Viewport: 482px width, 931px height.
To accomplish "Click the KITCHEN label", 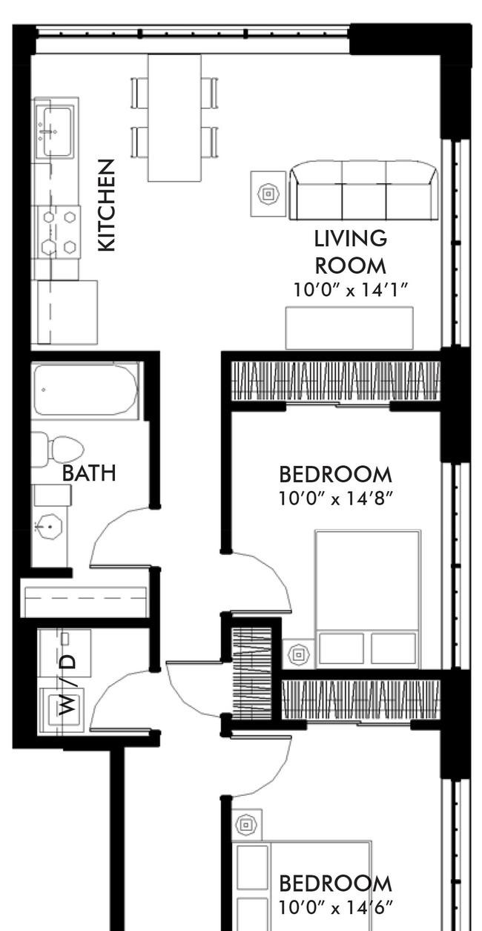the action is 106,205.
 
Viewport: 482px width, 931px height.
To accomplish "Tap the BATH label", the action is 89,473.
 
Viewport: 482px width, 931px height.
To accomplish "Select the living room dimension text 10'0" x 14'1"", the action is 350,289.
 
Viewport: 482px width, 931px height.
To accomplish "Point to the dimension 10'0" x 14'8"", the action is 336,499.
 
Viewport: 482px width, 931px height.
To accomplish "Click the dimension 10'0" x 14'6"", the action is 336,907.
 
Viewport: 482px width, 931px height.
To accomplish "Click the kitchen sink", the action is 54,131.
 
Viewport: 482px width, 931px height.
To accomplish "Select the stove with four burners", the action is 59,232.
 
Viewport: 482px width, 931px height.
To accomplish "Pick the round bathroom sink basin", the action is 49,527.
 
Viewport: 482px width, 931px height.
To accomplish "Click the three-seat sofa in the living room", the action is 363,191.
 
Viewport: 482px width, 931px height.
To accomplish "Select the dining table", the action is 174,118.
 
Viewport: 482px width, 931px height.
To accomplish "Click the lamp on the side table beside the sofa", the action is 268,194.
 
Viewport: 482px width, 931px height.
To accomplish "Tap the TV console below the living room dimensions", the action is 349,328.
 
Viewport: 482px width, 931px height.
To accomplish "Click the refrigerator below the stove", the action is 67,312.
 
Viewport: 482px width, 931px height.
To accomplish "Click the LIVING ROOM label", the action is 350,252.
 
